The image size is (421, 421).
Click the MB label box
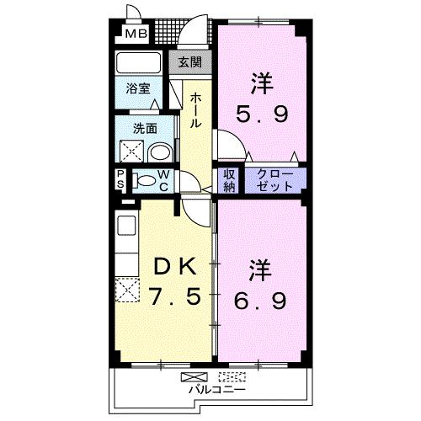click(x=136, y=34)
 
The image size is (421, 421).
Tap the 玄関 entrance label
click(x=190, y=61)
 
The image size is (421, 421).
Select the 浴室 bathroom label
click(x=138, y=88)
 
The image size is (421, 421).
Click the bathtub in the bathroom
click(x=138, y=63)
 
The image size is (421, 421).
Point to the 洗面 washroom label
click(x=145, y=129)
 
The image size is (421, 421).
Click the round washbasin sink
click(x=159, y=153)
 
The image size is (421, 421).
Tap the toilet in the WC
click(x=144, y=180)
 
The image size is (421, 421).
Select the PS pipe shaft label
click(x=120, y=180)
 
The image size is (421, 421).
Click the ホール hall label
click(x=195, y=111)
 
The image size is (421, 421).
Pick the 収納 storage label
click(x=229, y=180)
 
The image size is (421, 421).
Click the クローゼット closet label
click(x=274, y=180)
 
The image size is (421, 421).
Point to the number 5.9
click(x=262, y=115)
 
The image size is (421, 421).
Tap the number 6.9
click(x=260, y=300)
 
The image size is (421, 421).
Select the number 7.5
click(x=175, y=297)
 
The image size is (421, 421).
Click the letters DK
click(x=175, y=267)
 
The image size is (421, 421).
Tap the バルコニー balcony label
click(x=216, y=389)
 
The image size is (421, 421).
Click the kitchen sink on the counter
click(x=126, y=226)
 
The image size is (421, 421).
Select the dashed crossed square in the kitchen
click(x=127, y=290)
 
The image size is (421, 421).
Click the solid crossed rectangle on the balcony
click(x=195, y=376)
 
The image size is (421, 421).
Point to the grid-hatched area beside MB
click(x=168, y=31)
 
